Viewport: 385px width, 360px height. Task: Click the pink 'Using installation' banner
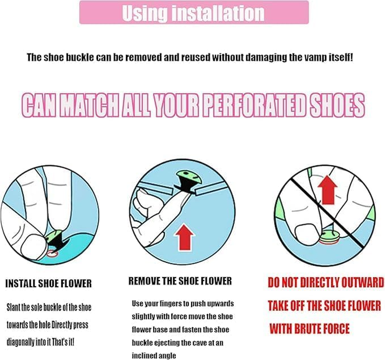[x=194, y=12]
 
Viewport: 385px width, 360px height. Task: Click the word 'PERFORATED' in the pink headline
[x=254, y=106]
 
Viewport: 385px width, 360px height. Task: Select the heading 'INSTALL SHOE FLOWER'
[x=49, y=283]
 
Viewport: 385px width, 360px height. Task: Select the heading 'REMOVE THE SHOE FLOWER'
[x=180, y=281]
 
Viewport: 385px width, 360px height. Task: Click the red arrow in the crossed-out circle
[x=327, y=189]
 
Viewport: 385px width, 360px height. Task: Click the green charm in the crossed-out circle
[x=330, y=236]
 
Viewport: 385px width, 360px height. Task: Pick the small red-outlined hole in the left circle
[x=53, y=254]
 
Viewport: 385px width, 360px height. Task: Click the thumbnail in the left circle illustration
[x=34, y=246]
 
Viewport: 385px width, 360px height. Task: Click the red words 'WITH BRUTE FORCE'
[x=309, y=328]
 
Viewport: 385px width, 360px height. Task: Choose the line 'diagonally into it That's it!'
[x=40, y=342]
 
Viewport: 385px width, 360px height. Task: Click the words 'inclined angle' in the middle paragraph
[x=154, y=355]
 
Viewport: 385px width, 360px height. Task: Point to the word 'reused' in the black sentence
[x=196, y=58]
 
